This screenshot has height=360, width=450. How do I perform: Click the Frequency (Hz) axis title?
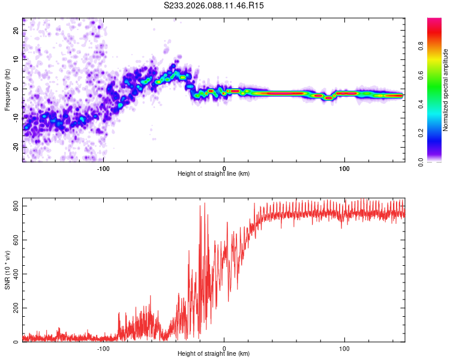7,90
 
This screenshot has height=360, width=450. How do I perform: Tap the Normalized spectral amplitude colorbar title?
446,90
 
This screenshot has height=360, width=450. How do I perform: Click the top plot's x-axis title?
214,174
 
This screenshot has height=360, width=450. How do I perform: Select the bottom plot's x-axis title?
214,354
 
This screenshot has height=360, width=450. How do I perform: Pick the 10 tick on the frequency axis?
16,59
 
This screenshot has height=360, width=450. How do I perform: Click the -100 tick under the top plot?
103,168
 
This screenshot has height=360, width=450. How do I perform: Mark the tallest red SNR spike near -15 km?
205,204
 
